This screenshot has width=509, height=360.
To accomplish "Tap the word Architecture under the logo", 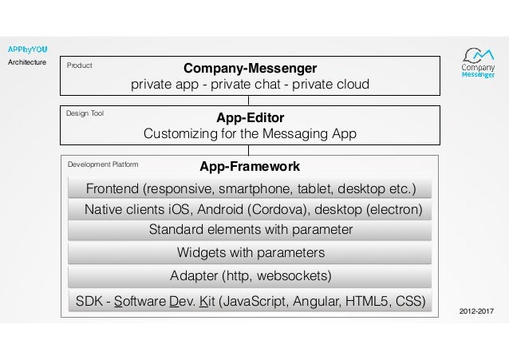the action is tap(28, 62).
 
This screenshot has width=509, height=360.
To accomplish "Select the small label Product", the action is tap(79, 66).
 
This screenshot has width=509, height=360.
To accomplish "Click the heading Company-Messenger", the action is tap(251, 68).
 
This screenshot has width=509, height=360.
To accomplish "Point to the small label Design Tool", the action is tap(85, 113).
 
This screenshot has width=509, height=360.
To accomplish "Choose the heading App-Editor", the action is tap(251, 117).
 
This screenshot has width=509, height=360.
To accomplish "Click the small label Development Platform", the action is tap(103, 164).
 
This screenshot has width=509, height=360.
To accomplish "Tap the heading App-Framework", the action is tap(250, 167).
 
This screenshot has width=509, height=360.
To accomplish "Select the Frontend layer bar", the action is tap(251, 189).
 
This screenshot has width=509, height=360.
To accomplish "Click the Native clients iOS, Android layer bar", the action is tap(251, 210).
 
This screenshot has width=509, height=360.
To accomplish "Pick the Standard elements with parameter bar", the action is tap(251, 231).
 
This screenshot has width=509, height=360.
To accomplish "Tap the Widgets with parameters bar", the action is tap(251, 253).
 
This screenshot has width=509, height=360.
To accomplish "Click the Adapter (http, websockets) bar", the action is tap(251, 276).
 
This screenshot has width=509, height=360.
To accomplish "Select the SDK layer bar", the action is tap(251, 301).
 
